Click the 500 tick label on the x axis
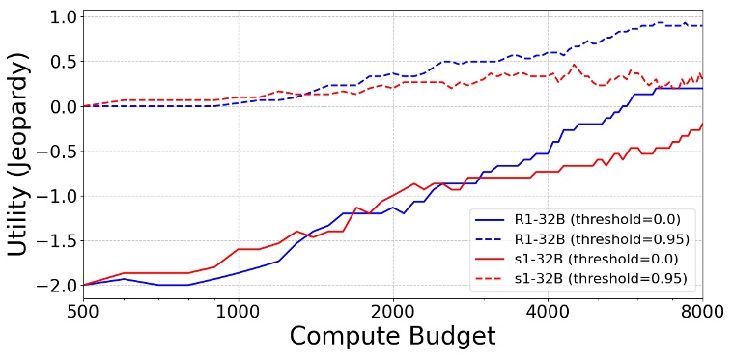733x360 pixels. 83,312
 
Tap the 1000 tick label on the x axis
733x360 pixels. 238,312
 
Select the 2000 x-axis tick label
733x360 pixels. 393,312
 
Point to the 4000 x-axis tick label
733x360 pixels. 548,312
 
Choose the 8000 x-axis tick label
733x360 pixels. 702,312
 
